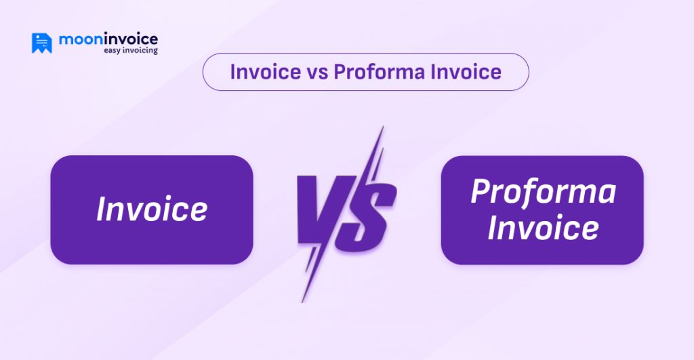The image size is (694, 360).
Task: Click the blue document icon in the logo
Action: pos(41,43)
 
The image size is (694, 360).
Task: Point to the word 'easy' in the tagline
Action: pos(113,51)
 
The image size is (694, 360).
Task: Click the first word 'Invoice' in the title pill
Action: pos(261,72)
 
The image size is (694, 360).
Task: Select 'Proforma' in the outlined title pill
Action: pos(377,72)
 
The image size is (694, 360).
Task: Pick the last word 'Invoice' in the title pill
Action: pos(465,72)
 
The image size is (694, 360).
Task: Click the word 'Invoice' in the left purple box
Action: pos(152,209)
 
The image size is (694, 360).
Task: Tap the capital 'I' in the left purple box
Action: pos(102,209)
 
